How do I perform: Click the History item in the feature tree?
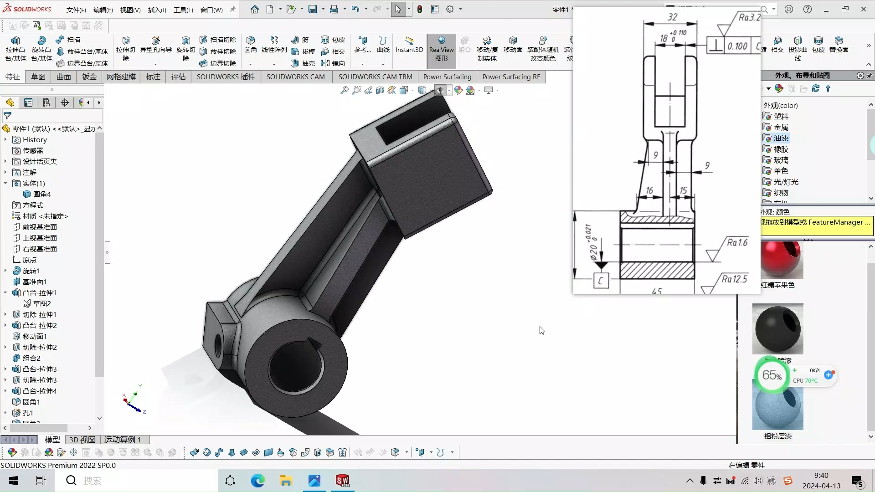point(35,140)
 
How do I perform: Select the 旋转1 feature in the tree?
point(31,271)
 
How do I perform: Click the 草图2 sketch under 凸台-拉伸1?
point(42,303)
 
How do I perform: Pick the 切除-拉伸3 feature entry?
point(40,380)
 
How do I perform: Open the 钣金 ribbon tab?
point(89,77)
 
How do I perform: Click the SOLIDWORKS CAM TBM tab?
point(375,77)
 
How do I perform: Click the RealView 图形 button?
point(441,49)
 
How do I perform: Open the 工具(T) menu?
point(183,10)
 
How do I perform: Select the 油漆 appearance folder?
point(781,138)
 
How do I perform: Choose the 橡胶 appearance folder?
point(781,149)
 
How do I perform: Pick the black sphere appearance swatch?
point(777,329)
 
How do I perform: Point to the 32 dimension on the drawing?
point(672,17)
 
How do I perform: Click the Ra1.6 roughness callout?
point(737,242)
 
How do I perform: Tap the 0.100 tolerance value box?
point(737,46)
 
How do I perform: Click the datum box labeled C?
point(601,281)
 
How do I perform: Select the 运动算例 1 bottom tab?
point(122,440)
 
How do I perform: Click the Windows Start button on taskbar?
point(14,481)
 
